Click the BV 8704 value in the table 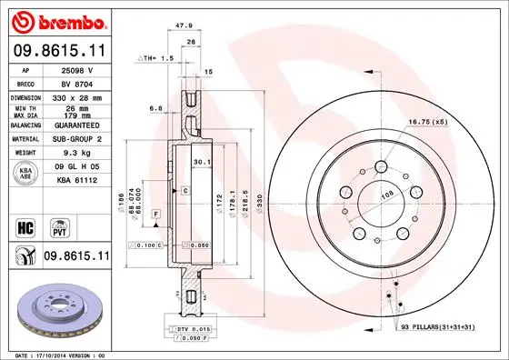coord(75,82)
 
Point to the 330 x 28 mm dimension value coord(76,97)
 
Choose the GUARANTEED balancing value coord(75,125)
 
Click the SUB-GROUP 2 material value coord(75,140)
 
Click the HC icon coord(26,224)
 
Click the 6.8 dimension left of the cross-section coord(157,107)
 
